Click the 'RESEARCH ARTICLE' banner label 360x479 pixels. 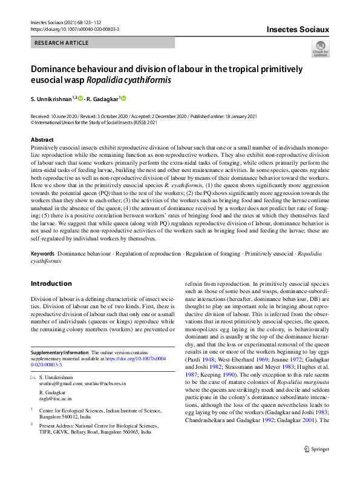[62, 43]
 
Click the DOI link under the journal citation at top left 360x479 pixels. [74, 28]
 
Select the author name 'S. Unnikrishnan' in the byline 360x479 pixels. [51, 99]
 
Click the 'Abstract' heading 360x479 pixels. [42, 139]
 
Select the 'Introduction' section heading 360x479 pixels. [51, 283]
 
